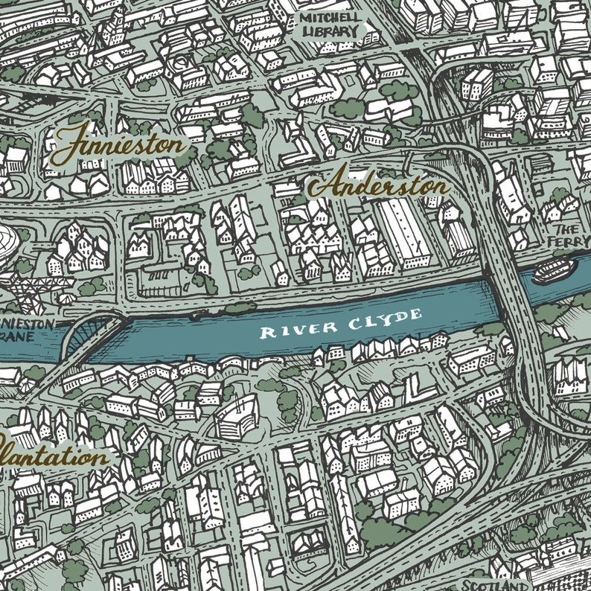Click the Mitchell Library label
coord(329,25)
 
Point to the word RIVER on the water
coord(287,328)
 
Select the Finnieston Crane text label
coord(26,330)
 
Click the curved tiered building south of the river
coord(237,418)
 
